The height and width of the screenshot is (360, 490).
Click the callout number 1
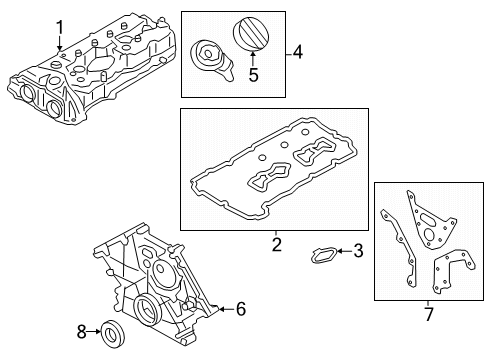coord(60,28)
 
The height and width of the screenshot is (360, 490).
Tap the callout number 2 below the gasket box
coord(277,245)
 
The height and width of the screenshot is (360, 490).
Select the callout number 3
coord(358,251)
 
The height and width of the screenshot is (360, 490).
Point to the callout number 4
coord(297,53)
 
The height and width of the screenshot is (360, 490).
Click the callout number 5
coord(253,75)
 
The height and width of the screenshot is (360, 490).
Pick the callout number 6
coord(241,309)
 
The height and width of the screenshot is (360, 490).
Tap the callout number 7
coord(429,314)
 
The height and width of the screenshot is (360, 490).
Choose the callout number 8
coord(82,332)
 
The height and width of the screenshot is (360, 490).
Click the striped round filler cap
coord(251,34)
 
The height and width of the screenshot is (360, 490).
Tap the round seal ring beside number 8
coord(112,334)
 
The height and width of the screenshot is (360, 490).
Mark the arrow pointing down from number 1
coord(60,44)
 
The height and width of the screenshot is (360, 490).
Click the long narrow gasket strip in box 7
coord(400,247)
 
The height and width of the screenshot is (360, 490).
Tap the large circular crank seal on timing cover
coord(147,308)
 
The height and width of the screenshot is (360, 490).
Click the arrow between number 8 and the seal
coord(94,331)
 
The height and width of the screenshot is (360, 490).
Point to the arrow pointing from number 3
coord(345,251)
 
